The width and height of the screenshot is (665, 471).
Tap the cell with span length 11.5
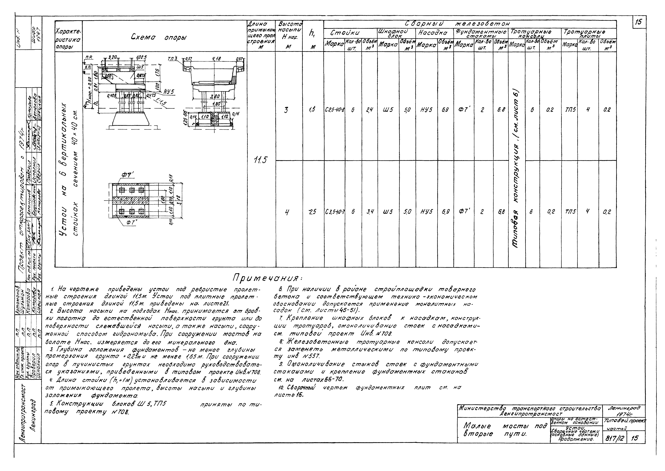[261, 160]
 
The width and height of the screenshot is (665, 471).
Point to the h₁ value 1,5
[312, 110]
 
